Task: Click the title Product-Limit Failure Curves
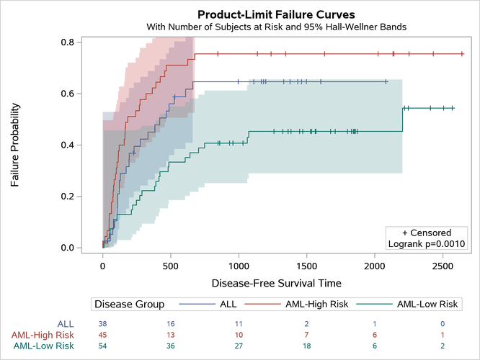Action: click(x=277, y=14)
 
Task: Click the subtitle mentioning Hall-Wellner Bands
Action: click(x=277, y=27)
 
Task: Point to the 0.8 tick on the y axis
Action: click(x=76, y=42)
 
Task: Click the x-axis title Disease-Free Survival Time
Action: click(x=277, y=283)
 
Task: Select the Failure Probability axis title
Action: click(x=15, y=145)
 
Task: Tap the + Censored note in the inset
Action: click(x=427, y=233)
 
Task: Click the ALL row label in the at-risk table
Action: click(x=65, y=324)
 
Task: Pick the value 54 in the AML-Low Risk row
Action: click(x=103, y=346)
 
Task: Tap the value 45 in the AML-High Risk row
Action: click(x=103, y=336)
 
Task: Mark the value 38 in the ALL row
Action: click(x=103, y=324)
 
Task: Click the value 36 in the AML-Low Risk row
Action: click(x=171, y=346)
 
